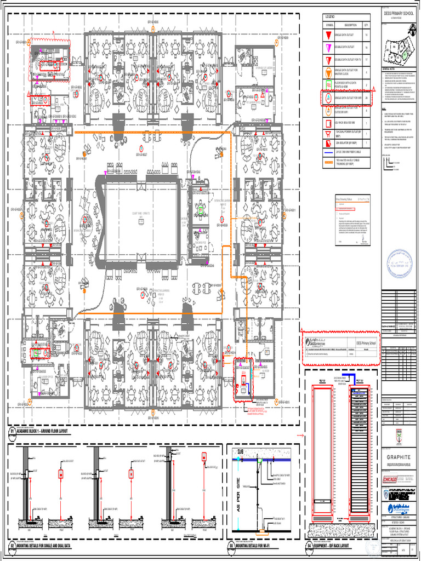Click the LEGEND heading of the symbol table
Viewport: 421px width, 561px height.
(330, 18)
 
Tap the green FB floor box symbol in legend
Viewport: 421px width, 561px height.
(329, 85)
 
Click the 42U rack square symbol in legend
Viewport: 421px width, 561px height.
(329, 123)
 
